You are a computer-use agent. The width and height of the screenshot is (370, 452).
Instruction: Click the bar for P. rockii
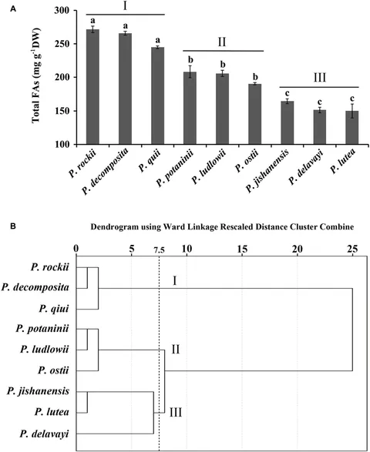point(92,86)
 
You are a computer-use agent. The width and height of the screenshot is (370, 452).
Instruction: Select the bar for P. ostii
point(255,114)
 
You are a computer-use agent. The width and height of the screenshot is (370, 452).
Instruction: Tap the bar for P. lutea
point(352,127)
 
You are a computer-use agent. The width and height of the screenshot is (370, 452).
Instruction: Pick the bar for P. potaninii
point(190,108)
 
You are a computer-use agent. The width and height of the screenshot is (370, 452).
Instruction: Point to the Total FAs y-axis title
point(36,75)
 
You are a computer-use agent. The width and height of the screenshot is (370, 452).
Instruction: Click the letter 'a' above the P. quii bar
point(157,40)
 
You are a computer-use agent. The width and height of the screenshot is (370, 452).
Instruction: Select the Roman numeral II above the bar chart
point(222,42)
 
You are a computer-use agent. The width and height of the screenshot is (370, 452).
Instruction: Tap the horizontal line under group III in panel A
point(319,87)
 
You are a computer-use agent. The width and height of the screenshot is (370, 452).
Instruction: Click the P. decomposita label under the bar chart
point(106,171)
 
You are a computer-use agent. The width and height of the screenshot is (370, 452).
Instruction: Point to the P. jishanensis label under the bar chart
point(267,171)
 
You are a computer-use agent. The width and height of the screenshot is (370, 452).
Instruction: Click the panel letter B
point(13,226)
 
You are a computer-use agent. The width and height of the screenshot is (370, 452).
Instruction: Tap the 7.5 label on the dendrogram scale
point(160,250)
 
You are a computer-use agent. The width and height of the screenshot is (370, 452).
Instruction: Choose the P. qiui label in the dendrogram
point(54,309)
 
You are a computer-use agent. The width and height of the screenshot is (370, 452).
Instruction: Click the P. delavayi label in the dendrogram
point(45,434)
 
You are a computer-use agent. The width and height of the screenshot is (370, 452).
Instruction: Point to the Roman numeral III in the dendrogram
point(176,413)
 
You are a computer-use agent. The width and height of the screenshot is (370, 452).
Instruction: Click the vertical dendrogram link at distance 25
point(352,330)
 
